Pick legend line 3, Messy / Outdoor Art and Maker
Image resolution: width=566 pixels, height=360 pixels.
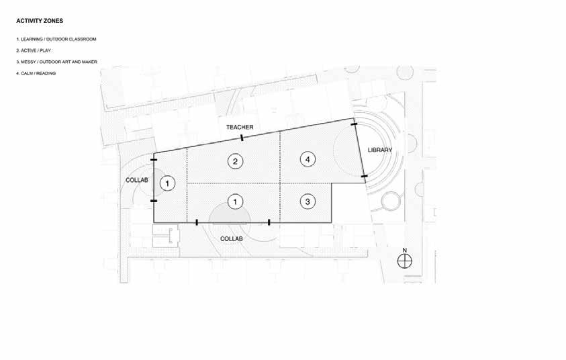coord(57,62)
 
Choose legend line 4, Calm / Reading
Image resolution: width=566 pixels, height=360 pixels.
coord(36,73)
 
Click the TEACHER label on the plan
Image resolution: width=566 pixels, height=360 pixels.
coord(238,126)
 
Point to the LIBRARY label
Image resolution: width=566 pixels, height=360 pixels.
coord(380,149)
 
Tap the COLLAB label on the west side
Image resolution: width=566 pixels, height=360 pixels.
coord(136,180)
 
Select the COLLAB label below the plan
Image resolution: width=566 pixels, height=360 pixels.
coord(231,238)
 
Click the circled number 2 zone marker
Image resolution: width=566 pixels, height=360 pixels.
coord(234,161)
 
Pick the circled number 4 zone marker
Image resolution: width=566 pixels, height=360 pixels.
coord(307,159)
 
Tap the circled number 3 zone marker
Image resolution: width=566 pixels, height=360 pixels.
coord(307,201)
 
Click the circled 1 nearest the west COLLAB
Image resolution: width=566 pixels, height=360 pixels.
coord(169,182)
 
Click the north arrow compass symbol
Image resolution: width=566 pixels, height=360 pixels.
coord(404,263)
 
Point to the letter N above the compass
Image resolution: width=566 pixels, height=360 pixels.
coord(404,250)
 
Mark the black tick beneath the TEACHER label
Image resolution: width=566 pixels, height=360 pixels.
coord(242,138)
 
